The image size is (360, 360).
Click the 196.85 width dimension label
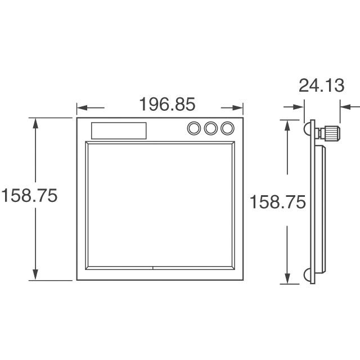coord(168,104)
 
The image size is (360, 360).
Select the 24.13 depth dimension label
coord(321,85)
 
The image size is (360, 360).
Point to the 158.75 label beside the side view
coord(278,202)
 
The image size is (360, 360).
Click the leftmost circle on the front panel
coord(194,128)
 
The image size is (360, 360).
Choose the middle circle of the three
coord(211,128)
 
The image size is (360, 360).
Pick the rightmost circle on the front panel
coord(227,128)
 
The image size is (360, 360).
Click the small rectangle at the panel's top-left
coord(119,130)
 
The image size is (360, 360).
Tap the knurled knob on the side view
coord(331,133)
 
